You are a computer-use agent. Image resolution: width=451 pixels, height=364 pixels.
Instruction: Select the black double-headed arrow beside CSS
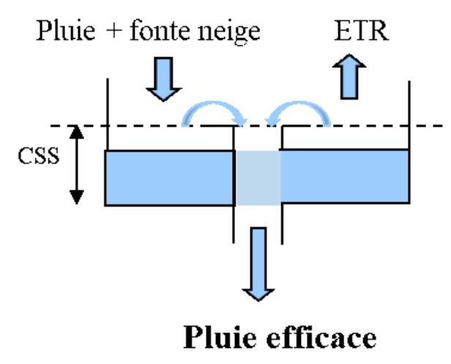[76, 164]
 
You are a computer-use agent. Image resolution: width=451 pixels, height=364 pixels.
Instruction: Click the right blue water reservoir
[344, 177]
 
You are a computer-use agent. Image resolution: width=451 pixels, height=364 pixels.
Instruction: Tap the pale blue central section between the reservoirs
[258, 177]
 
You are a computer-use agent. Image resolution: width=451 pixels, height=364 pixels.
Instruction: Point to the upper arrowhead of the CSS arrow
[76, 132]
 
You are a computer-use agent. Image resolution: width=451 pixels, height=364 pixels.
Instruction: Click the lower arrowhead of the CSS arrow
[76, 197]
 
